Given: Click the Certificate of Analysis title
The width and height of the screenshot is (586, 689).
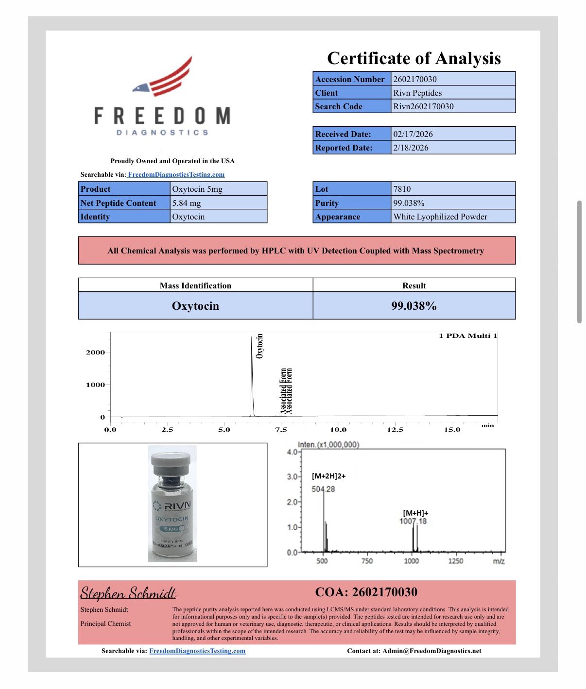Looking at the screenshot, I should (x=414, y=58).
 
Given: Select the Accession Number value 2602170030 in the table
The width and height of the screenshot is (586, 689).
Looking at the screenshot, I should (x=414, y=79).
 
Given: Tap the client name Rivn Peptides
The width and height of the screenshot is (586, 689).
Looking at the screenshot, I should (x=417, y=93).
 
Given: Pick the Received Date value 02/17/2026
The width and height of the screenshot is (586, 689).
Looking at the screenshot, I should (x=413, y=134).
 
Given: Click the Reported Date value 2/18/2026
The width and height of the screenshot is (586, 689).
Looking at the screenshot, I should (x=411, y=148).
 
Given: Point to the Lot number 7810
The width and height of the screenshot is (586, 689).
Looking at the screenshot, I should (x=402, y=189).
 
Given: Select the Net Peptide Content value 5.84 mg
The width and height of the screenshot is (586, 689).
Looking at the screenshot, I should (x=187, y=203).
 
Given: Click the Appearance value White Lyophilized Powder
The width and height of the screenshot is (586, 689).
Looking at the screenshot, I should (x=440, y=217).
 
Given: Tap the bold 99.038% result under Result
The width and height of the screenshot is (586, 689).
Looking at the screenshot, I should (x=414, y=306).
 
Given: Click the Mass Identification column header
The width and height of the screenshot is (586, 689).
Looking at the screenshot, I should (x=195, y=286).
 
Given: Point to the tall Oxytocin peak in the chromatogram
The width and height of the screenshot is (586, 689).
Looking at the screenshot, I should (x=252, y=374).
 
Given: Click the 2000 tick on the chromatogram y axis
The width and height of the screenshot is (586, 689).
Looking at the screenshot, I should (x=95, y=353).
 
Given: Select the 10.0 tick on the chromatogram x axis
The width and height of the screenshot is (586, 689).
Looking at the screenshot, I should (x=338, y=430).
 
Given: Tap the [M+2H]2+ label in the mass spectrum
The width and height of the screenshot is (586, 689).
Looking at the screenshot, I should (x=329, y=476).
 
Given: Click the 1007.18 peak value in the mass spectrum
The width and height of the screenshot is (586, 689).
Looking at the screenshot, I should (x=413, y=521).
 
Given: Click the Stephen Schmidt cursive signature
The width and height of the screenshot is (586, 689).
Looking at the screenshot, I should (x=128, y=593).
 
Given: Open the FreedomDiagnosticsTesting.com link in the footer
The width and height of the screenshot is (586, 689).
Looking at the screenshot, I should (x=197, y=651).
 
